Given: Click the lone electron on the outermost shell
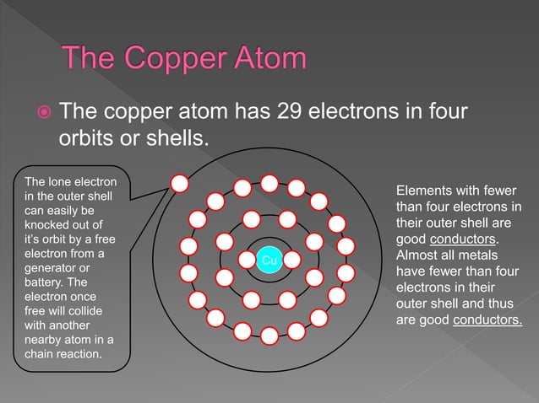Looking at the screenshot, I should (179, 184).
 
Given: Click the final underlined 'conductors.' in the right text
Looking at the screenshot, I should (487, 320).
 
